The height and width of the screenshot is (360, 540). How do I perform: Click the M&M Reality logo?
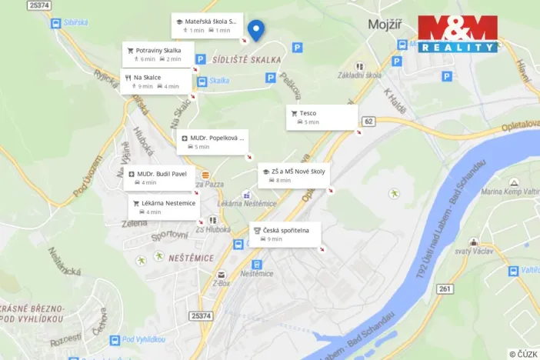click(x=458, y=33)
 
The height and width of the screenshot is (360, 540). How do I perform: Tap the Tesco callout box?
click(x=322, y=117)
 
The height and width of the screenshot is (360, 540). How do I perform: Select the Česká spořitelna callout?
click(x=285, y=235)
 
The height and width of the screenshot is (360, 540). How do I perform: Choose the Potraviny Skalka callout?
click(x=157, y=54)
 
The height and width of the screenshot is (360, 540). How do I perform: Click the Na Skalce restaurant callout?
click(x=155, y=82)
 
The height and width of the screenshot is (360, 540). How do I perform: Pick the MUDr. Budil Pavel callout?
click(x=161, y=178)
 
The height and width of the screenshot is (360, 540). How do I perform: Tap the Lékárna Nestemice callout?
click(x=164, y=207)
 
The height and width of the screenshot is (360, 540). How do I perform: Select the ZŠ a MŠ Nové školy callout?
click(x=294, y=175)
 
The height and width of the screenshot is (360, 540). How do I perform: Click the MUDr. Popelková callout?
click(x=212, y=142)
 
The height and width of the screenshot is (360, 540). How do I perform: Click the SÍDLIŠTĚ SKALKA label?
click(x=247, y=59)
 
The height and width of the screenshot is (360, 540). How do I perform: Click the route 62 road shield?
click(x=369, y=121)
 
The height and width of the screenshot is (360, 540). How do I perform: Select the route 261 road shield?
click(x=444, y=288)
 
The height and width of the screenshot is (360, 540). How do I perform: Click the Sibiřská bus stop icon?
click(x=55, y=24)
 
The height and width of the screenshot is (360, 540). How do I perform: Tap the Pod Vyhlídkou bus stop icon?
click(x=115, y=339)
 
